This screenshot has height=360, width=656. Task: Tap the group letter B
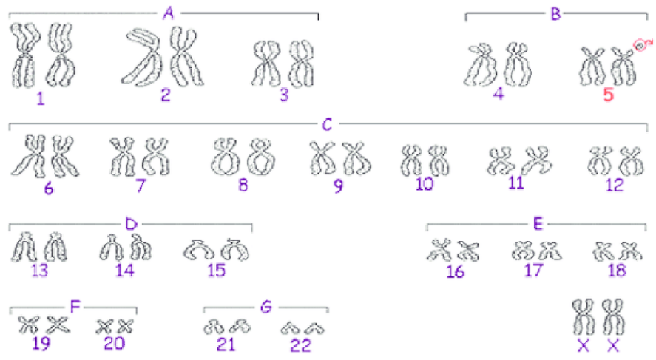pyautogui.click(x=556, y=13)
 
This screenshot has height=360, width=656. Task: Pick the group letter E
pyautogui.click(x=538, y=221)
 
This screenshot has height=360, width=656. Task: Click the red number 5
pyautogui.click(x=608, y=95)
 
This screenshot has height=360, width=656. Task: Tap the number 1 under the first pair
pyautogui.click(x=40, y=98)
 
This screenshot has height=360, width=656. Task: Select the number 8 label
pyautogui.click(x=243, y=185)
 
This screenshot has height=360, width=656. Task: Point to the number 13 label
pyautogui.click(x=40, y=270)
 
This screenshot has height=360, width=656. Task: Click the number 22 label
pyautogui.click(x=300, y=344)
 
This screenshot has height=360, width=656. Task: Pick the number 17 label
pyautogui.click(x=532, y=270)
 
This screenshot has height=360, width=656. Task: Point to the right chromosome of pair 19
pyautogui.click(x=57, y=324)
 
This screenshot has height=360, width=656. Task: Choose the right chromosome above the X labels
pyautogui.click(x=614, y=316)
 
